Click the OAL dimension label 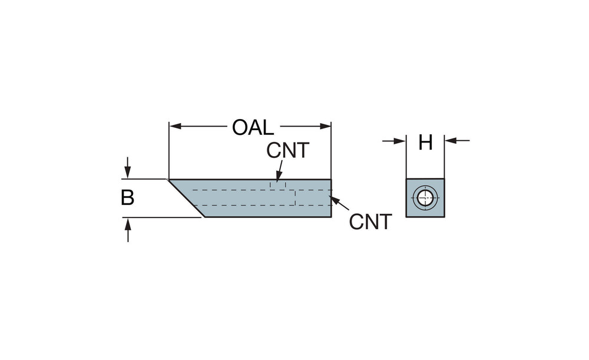coord(253,127)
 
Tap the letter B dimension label coord(127,198)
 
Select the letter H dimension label coord(425,142)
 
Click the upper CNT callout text coord(287,150)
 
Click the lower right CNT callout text coord(370,222)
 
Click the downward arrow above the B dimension coord(128,173)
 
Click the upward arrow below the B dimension coord(128,223)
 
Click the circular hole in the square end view coord(425,197)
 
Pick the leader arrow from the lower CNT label coord(334,200)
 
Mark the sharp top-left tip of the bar coord(169,179)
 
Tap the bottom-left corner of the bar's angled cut coord(203,216)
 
